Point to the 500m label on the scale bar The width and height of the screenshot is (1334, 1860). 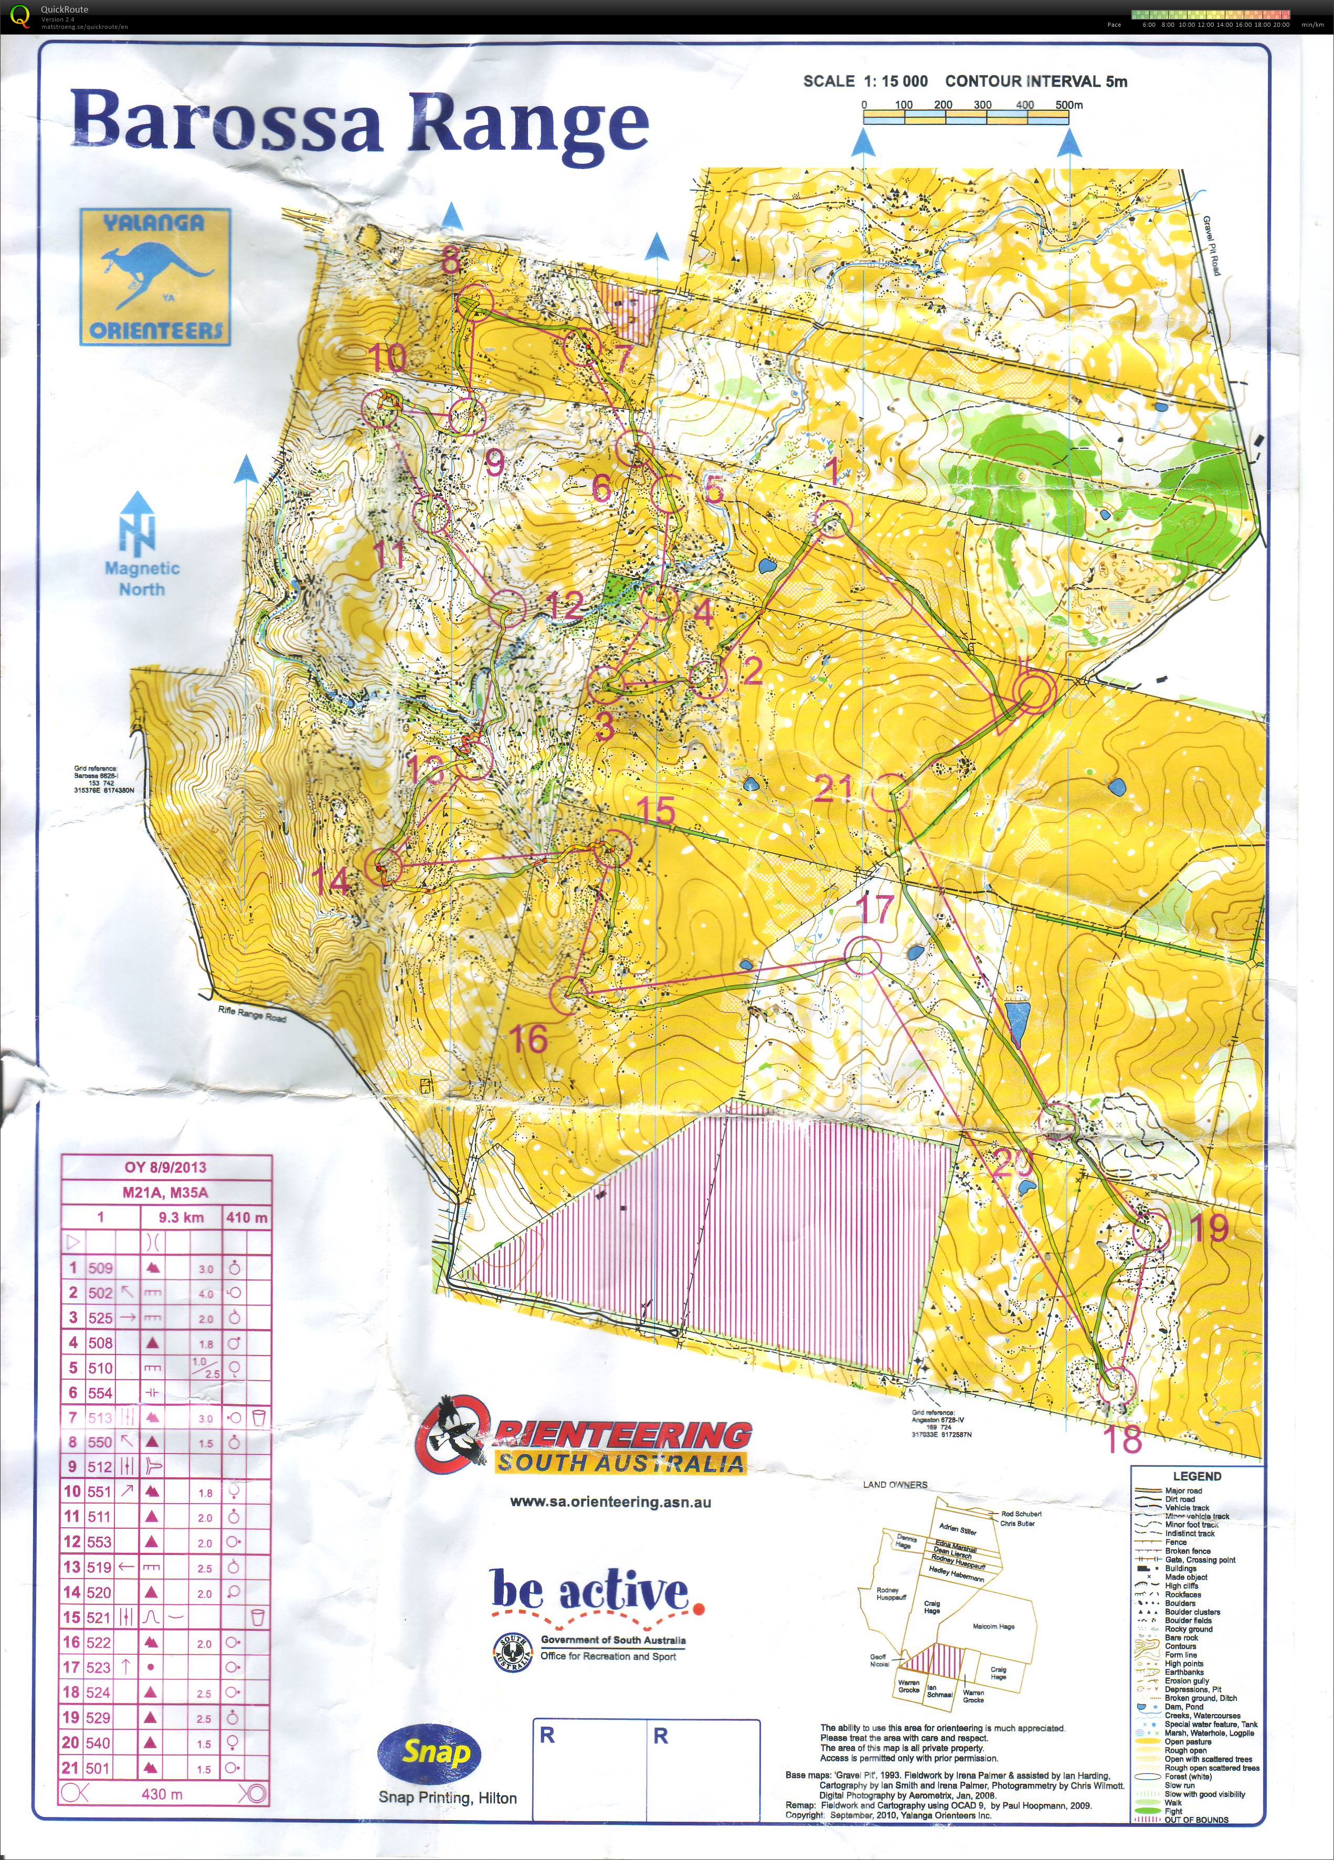click(1068, 105)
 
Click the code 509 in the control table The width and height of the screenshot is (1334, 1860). click(100, 1268)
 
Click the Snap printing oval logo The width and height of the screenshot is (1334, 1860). click(429, 1753)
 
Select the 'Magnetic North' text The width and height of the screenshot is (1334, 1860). click(142, 578)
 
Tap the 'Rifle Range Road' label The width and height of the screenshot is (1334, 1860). click(252, 1014)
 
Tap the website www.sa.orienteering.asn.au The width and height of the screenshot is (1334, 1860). click(610, 1502)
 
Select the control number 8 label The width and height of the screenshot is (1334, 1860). click(452, 261)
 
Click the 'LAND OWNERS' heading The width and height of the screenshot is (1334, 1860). click(895, 1485)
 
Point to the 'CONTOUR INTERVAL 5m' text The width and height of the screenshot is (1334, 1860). click(1035, 81)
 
